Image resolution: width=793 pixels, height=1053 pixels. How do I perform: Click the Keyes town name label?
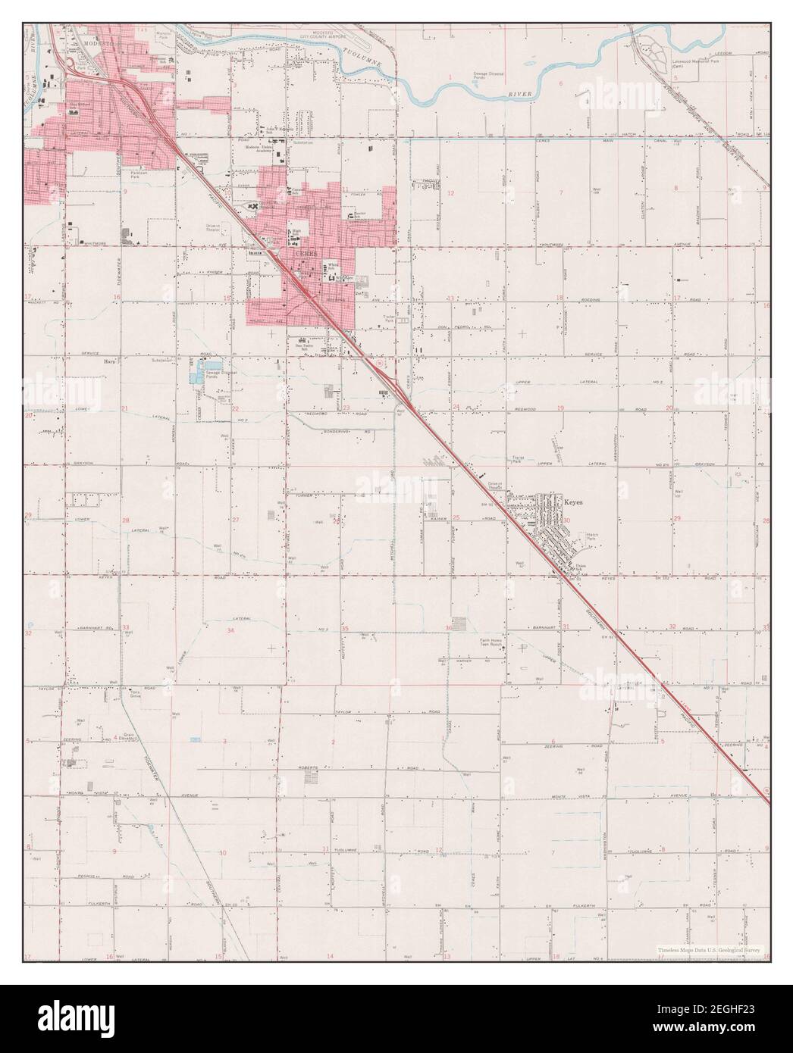click(572, 501)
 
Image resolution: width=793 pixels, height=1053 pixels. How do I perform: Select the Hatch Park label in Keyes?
click(594, 537)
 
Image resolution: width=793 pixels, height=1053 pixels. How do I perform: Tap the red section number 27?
click(235, 520)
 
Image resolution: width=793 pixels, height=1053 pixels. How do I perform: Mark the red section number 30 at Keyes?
click(566, 520)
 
